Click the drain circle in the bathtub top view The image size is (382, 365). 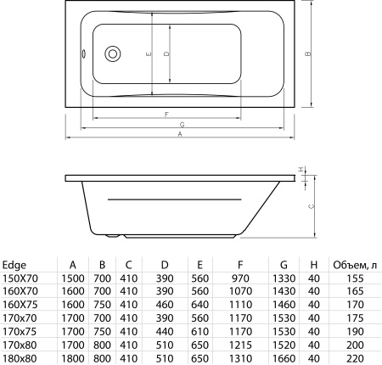point(110,56)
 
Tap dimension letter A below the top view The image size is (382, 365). point(180,135)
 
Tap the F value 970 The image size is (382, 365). point(241,278)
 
